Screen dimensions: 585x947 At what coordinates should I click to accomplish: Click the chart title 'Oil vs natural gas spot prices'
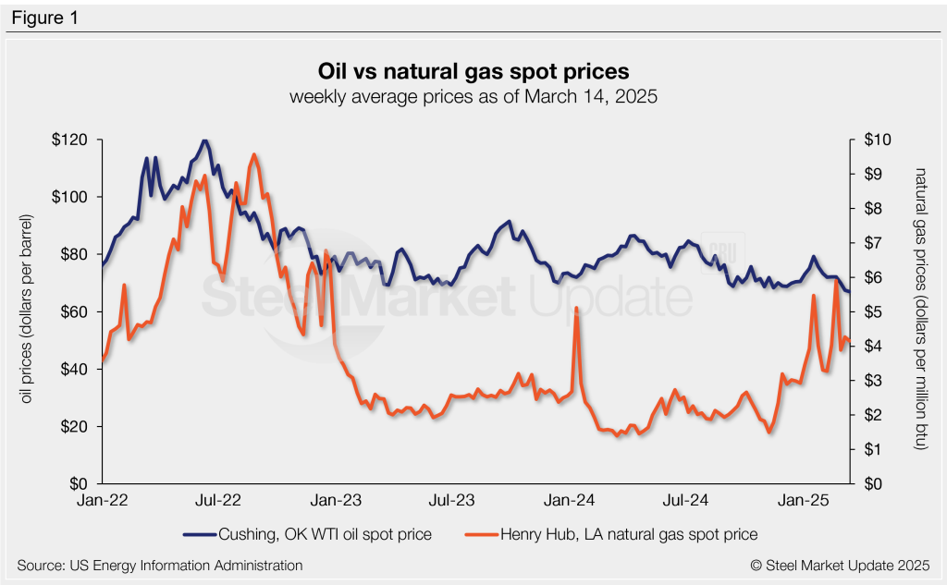pos(473,72)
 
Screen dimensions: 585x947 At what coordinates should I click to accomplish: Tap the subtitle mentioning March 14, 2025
pos(473,97)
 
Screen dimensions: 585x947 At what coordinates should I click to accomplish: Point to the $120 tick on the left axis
pos(73,140)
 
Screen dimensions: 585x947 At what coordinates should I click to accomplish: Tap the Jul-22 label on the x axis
pos(218,500)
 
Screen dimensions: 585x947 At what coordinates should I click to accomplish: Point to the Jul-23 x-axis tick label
pos(452,500)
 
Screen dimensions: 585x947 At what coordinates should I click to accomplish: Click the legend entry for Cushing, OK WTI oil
pos(309,534)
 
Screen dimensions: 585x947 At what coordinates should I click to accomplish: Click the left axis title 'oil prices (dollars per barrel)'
pos(28,311)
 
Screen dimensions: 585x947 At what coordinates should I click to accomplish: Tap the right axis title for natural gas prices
pos(918,310)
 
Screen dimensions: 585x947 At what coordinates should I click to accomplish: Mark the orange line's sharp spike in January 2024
pos(576,308)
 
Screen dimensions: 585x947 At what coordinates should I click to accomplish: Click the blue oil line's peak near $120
pos(204,141)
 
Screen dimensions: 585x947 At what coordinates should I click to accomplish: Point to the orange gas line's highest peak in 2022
pos(254,155)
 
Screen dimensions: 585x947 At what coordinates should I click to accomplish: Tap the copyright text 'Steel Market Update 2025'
pos(839,564)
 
